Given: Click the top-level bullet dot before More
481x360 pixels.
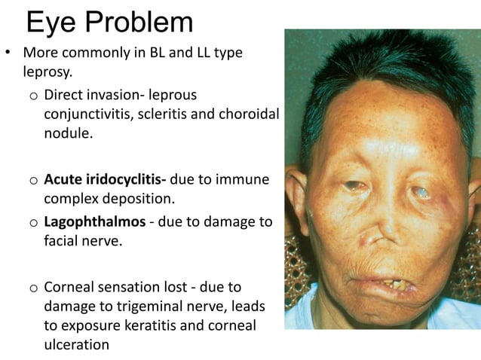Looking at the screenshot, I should pos(10,55).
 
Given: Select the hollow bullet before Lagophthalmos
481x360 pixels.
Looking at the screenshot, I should pos(34,225).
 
